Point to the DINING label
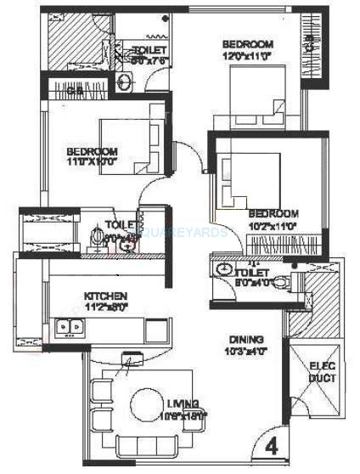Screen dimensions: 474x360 tap(246, 338)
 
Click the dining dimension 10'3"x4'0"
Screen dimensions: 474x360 tap(245, 350)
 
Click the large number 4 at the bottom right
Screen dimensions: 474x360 tap(271, 444)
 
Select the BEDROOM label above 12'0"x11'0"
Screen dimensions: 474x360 tap(247, 43)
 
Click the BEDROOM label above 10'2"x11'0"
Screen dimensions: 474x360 tap(273, 213)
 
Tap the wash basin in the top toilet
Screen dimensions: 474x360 tap(122, 82)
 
